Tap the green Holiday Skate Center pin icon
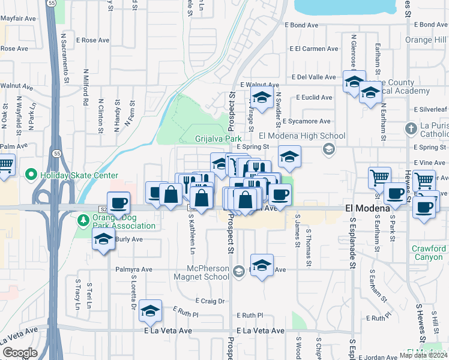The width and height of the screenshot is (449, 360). (x=32, y=175)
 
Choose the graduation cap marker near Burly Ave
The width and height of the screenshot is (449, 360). (x=104, y=239)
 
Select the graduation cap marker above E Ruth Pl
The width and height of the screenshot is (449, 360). (x=150, y=310)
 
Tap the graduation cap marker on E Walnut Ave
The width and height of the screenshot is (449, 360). (x=262, y=96)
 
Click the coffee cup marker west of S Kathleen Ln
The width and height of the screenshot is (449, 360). (x=119, y=202)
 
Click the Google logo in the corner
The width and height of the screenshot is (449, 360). (x=20, y=353)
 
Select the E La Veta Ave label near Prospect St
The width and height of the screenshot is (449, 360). (x=261, y=331)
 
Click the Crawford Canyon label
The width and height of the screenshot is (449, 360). (x=429, y=253)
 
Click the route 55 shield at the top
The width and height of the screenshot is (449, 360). (x=52, y=3)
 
